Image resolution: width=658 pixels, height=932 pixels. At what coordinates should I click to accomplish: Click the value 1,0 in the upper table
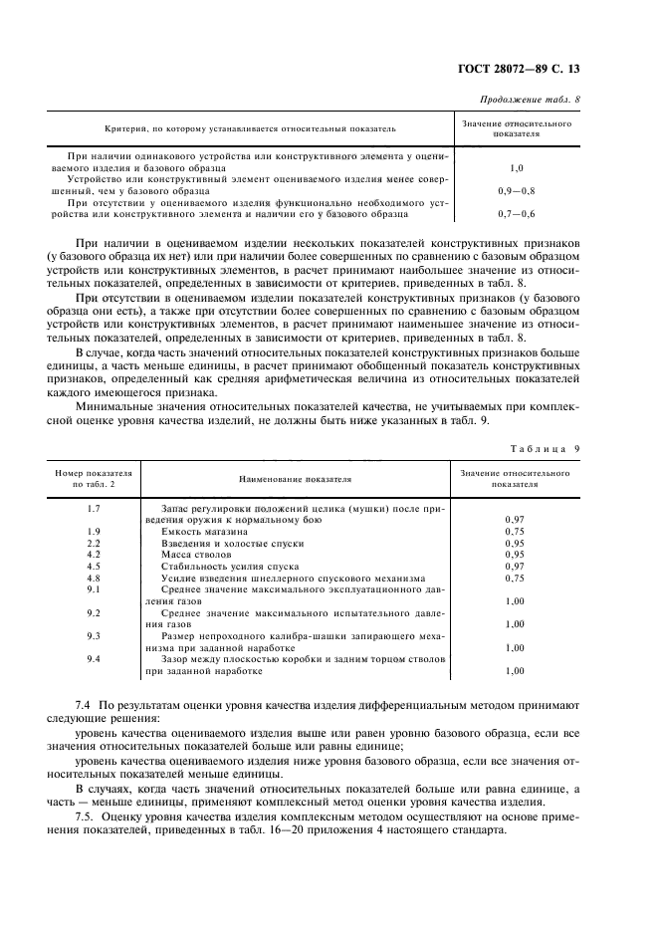click(516, 169)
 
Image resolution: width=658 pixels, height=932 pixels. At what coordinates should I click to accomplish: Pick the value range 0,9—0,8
click(516, 190)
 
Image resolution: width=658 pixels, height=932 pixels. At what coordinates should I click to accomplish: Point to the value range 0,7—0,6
click(516, 213)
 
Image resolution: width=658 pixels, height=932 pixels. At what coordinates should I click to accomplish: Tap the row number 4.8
click(95, 578)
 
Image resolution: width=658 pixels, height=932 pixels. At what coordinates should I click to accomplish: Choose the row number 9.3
click(95, 635)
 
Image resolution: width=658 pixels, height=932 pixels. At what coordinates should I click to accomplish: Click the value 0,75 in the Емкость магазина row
click(515, 532)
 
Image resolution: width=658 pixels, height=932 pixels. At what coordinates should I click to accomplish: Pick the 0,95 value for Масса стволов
click(515, 555)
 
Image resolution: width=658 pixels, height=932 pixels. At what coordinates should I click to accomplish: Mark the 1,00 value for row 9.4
click(515, 671)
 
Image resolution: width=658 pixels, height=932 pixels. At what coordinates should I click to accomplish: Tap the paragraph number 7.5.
click(85, 816)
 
